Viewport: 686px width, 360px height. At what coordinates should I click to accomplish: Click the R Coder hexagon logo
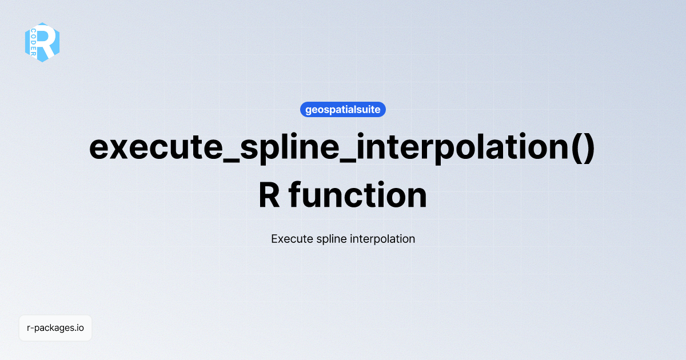pos(42,42)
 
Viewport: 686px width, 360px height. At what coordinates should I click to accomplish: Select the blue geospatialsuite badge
pos(343,110)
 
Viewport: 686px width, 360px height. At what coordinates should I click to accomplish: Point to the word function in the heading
pos(358,195)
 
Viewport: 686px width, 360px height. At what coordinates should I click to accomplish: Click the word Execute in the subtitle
pos(292,239)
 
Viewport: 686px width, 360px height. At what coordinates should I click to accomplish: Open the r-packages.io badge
pos(55,328)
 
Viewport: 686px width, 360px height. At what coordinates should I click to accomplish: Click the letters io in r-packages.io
pos(80,328)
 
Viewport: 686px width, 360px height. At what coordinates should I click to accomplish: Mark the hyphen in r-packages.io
pos(32,329)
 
